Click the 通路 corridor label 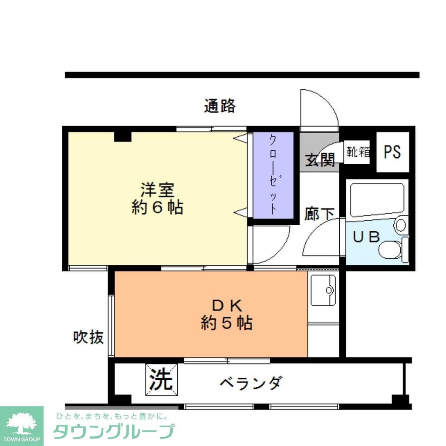[x=220, y=106]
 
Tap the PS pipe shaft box [x=392, y=152]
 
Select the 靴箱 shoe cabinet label [x=358, y=152]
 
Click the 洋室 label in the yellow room [x=157, y=190]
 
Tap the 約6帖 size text [x=157, y=208]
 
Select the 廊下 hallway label [x=319, y=214]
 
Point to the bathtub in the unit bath [x=377, y=199]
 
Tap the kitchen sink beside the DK [x=323, y=290]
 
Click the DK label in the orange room [x=226, y=305]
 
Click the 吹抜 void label [x=88, y=337]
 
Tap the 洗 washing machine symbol [x=161, y=379]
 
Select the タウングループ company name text [x=114, y=431]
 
